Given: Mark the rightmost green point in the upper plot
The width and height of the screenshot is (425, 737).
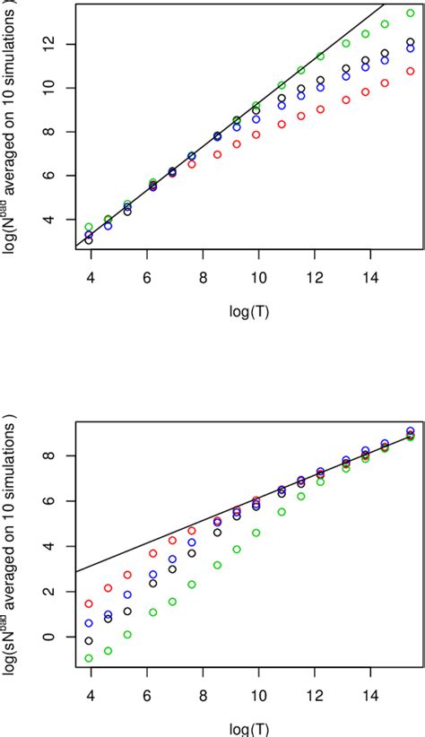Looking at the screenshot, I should click(x=411, y=13).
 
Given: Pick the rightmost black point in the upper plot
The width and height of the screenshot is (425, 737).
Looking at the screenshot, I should click(x=411, y=42).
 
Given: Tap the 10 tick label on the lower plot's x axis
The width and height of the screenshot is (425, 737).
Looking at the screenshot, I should click(x=258, y=695).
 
